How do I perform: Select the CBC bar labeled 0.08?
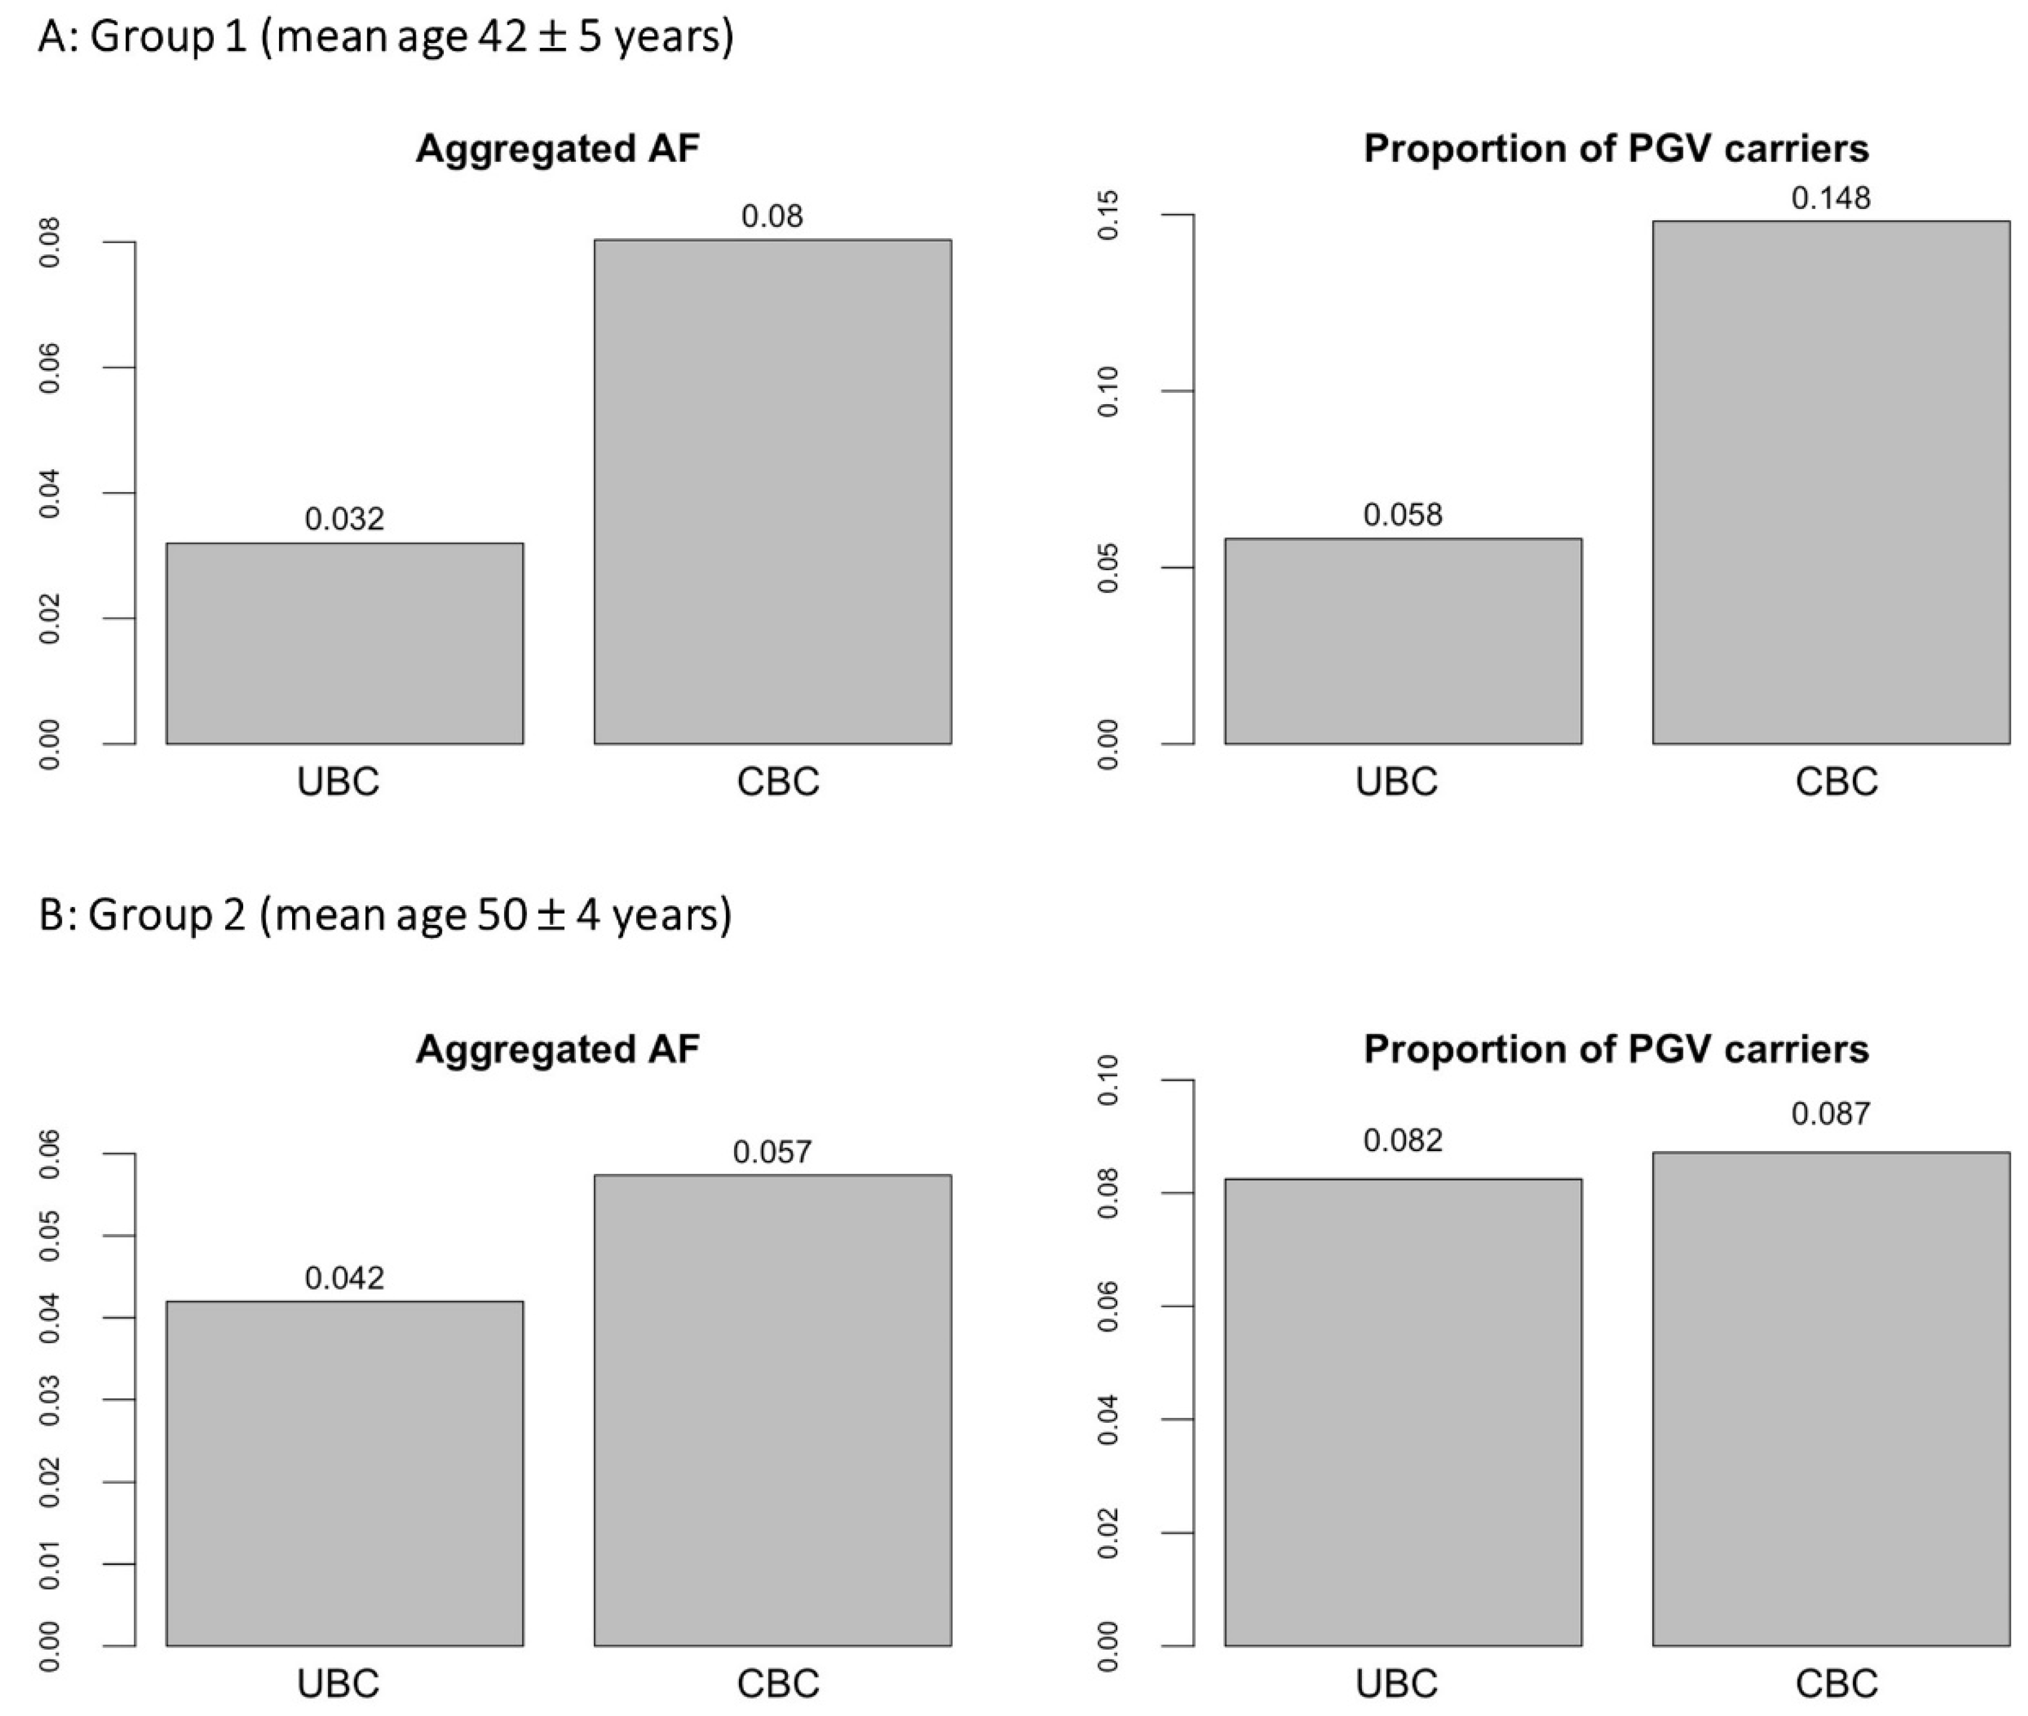pos(772,492)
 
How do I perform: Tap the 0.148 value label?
pos(1830,198)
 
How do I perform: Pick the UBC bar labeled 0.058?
pos(1403,641)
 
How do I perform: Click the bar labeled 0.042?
pos(345,1473)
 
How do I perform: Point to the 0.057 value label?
pos(772,1153)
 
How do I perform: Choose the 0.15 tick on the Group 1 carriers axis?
pos(1107,215)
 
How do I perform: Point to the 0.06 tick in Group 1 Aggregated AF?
pos(48,368)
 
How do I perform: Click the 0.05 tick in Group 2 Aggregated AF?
pos(48,1237)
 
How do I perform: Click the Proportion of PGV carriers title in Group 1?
pos(1615,149)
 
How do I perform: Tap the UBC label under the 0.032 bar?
pos(338,782)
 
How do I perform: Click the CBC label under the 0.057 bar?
pos(778,1683)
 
